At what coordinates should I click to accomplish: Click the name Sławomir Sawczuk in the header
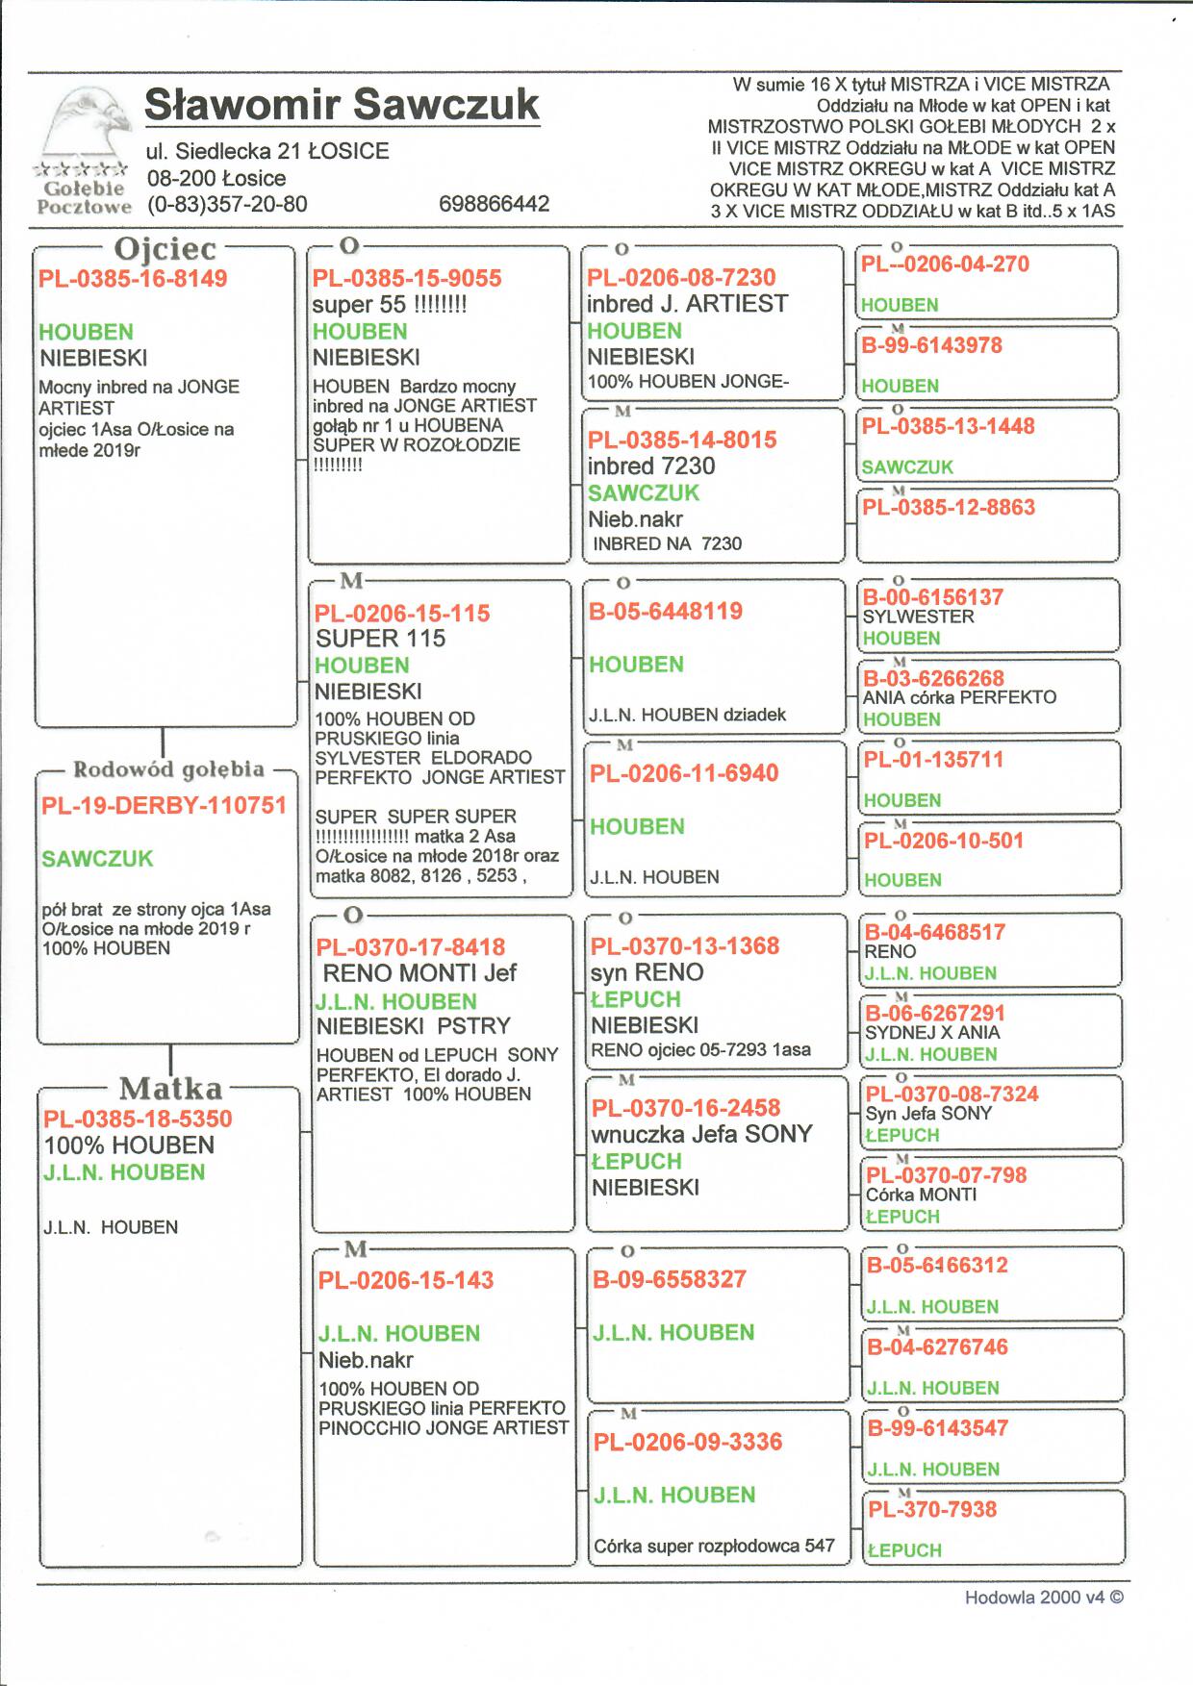pos(342,104)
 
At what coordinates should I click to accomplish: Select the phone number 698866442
pos(494,204)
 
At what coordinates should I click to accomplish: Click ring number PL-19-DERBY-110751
pos(165,806)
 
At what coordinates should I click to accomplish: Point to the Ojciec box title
pos(165,249)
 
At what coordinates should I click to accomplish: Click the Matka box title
pos(170,1089)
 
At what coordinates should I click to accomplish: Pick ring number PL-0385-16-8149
pos(133,279)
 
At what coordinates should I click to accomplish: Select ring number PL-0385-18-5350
pos(138,1119)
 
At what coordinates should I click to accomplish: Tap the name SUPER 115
pos(380,639)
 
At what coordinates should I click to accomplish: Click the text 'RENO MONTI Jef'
pos(419,973)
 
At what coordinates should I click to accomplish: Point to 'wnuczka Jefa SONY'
pos(701,1134)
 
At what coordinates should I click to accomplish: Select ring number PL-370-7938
pos(932,1509)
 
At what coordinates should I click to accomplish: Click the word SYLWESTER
pos(918,617)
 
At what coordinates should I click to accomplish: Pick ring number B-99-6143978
pos(931,345)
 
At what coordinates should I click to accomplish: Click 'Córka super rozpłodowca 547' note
pos(714,1547)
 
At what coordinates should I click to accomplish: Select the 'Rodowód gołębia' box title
pos(168,769)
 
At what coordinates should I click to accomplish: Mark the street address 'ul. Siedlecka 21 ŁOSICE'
pos(267,151)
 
